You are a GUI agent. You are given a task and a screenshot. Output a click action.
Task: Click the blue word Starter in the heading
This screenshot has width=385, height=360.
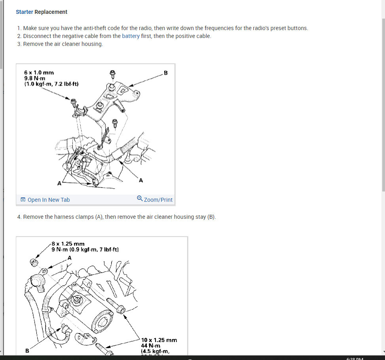[x=24, y=12]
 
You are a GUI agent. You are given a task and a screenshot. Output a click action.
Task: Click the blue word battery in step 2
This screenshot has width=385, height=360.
[x=131, y=36]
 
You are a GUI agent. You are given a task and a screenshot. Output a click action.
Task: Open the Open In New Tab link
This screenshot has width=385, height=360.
[x=49, y=200]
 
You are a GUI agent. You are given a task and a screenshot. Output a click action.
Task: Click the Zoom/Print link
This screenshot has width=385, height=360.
[x=158, y=200]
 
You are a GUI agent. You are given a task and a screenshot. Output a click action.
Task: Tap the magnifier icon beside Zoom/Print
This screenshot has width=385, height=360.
[x=140, y=199]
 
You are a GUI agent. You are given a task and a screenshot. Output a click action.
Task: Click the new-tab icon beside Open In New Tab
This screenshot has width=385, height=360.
[x=23, y=200]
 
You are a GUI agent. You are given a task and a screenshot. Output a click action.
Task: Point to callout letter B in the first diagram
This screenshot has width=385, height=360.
[x=165, y=73]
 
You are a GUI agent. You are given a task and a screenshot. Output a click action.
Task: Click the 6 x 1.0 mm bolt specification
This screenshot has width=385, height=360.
[x=39, y=73]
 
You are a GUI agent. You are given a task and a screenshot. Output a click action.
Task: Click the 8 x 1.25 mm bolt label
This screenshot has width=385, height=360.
[x=68, y=244]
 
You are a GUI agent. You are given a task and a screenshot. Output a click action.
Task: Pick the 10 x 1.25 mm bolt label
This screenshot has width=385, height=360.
[x=159, y=340]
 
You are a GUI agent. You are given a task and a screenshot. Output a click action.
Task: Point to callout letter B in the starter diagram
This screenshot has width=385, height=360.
[x=27, y=351]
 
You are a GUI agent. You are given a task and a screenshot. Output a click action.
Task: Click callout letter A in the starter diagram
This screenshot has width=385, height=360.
[x=70, y=258]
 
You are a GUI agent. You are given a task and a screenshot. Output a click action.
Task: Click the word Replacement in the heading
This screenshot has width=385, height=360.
[x=51, y=12]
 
